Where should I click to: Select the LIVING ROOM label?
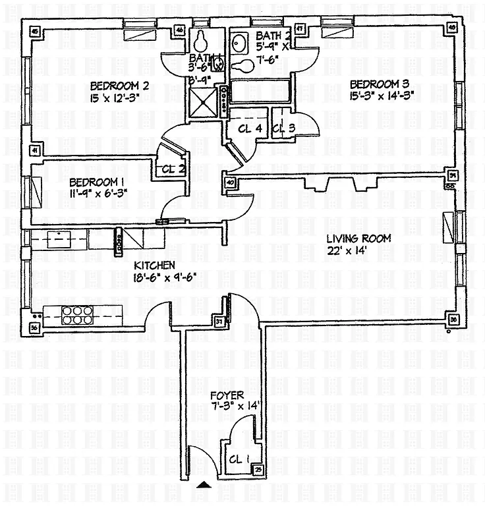pyautogui.click(x=360, y=239)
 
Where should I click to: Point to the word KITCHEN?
pyautogui.click(x=154, y=265)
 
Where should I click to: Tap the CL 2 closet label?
pyautogui.click(x=173, y=169)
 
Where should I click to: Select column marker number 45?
pyautogui.click(x=34, y=30)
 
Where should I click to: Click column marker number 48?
pyautogui.click(x=452, y=28)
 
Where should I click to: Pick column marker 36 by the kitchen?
pyautogui.click(x=34, y=327)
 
